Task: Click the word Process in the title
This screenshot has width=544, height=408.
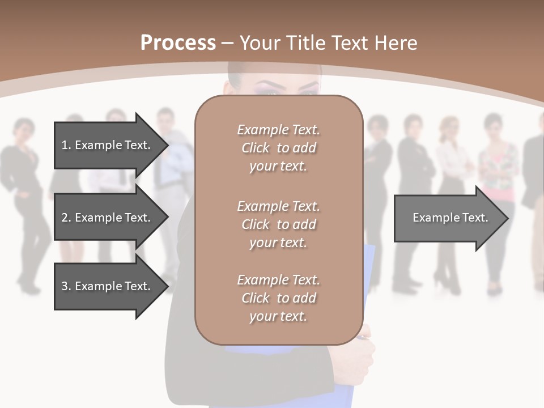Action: pyautogui.click(x=178, y=43)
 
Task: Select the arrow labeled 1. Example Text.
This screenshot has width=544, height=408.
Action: pyautogui.click(x=106, y=145)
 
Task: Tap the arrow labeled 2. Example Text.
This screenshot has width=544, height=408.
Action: pyautogui.click(x=106, y=218)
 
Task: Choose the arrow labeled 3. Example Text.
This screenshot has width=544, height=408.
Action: pyautogui.click(x=106, y=286)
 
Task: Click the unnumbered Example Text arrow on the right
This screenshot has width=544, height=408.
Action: pyautogui.click(x=450, y=218)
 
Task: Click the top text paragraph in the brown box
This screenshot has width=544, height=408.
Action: pyautogui.click(x=278, y=148)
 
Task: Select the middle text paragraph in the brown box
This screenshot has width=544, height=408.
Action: pyautogui.click(x=278, y=224)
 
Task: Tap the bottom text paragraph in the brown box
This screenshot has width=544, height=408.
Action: pyautogui.click(x=278, y=298)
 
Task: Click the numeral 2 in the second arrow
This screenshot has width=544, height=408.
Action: pyautogui.click(x=65, y=218)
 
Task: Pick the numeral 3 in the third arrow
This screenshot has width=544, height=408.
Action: pyautogui.click(x=65, y=286)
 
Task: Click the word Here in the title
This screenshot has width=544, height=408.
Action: pyautogui.click(x=398, y=43)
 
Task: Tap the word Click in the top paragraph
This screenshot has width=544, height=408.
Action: pyautogui.click(x=256, y=148)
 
